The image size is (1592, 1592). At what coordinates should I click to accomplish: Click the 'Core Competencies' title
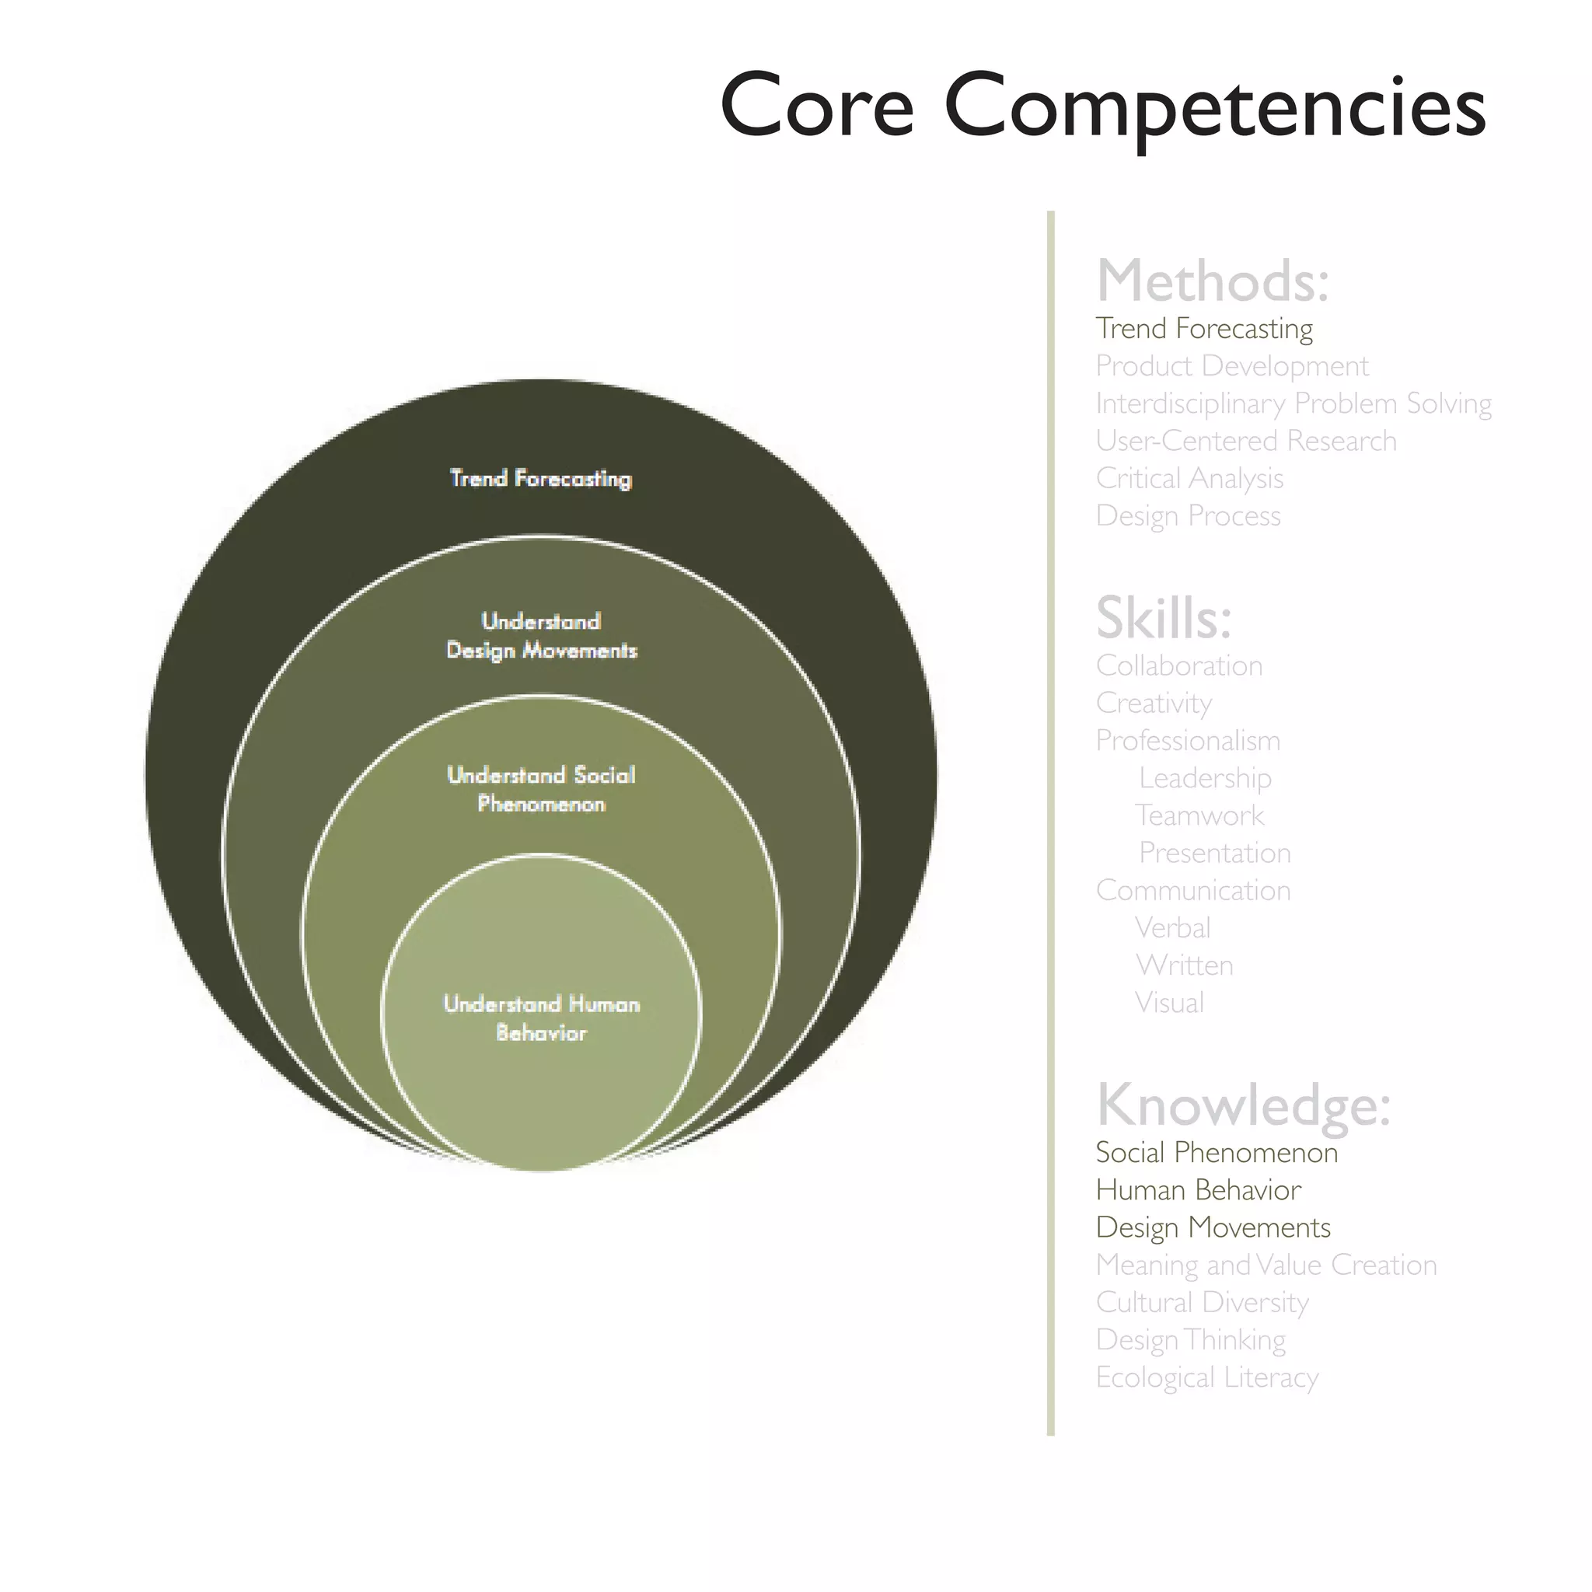tap(1102, 107)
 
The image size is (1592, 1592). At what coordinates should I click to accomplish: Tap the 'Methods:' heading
tap(1212, 282)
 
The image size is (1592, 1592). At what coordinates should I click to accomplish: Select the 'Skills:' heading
tap(1163, 618)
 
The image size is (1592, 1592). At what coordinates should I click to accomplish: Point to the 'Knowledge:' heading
tap(1243, 1105)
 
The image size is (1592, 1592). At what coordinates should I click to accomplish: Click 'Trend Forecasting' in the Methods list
tap(1204, 329)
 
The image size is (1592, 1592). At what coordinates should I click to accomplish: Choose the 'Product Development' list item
tap(1232, 366)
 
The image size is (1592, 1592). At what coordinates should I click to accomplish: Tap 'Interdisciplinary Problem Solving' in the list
tap(1293, 403)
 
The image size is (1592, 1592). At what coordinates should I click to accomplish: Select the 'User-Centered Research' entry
tap(1246, 441)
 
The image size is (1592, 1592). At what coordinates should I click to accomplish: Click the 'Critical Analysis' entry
tap(1189, 479)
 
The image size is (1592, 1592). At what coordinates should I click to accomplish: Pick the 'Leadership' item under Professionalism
tap(1205, 778)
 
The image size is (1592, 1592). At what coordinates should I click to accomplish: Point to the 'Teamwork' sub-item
tap(1199, 815)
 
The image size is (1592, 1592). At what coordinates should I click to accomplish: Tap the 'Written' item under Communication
tap(1184, 965)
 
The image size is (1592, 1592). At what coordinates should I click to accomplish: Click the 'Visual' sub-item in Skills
tap(1169, 1003)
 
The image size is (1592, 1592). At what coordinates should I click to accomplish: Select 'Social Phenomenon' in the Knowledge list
tap(1217, 1153)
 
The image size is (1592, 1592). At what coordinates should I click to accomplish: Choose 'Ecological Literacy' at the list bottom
tap(1207, 1377)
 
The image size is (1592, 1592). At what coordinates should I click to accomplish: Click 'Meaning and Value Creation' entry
tap(1266, 1265)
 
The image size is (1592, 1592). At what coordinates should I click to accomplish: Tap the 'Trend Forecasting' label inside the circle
tap(540, 479)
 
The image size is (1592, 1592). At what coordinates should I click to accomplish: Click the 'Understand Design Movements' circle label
tap(540, 636)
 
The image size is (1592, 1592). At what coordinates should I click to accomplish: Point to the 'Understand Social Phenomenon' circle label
tap(540, 790)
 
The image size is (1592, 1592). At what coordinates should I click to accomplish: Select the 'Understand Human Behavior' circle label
tap(540, 1018)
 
